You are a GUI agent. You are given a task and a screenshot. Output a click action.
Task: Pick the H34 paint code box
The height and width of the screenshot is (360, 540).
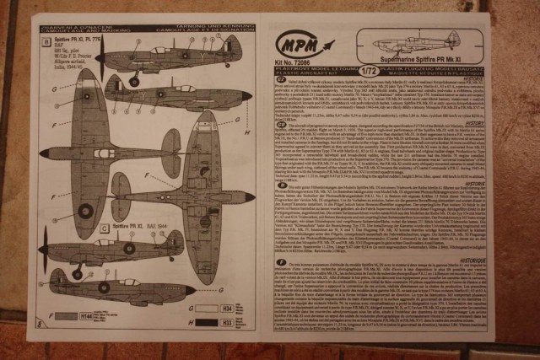click(x=228, y=308)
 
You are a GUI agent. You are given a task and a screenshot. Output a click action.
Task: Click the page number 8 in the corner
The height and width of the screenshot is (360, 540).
click(x=40, y=323)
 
